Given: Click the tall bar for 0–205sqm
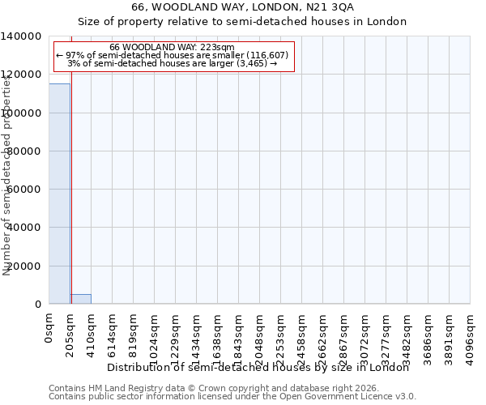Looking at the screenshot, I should click(x=59, y=194).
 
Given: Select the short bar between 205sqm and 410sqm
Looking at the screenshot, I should click(x=80, y=299).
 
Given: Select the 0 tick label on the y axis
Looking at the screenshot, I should click(x=38, y=305).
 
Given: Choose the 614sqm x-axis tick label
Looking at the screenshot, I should click(x=113, y=331).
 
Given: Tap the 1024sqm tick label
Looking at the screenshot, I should click(x=155, y=334).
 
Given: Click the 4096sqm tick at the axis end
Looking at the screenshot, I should click(x=471, y=334).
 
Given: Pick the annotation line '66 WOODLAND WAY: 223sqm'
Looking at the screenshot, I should click(x=172, y=47).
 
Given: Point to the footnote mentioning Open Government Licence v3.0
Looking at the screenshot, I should click(x=232, y=397).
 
